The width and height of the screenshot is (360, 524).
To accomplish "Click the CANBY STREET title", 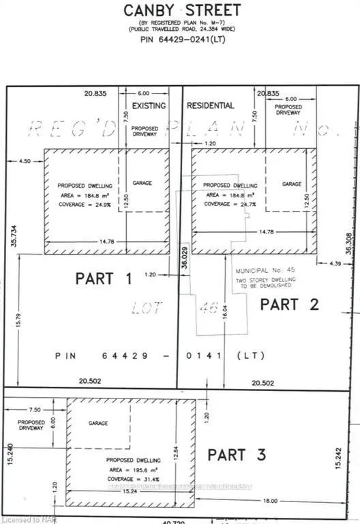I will (181, 10).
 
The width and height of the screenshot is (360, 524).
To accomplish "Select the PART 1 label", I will (104, 278).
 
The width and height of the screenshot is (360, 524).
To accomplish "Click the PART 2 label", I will (289, 304).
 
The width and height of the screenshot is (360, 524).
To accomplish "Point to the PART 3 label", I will (236, 454).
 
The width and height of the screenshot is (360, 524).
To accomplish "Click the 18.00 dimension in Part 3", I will (271, 500).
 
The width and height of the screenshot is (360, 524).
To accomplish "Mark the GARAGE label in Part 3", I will (98, 423).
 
